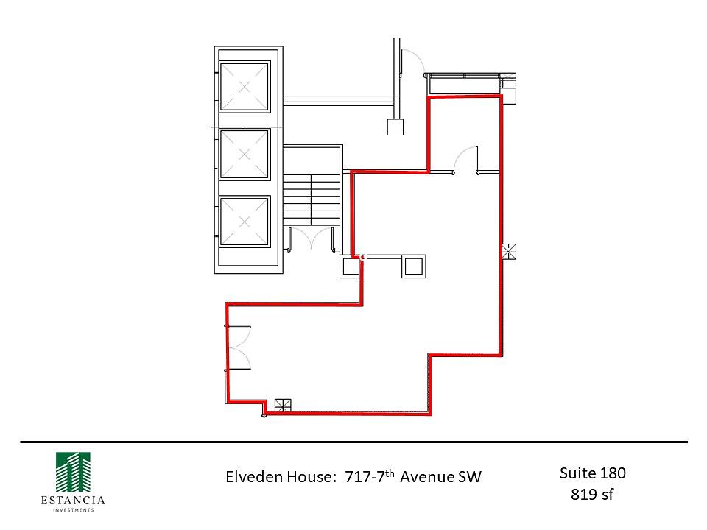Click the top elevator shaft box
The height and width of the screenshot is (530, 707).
pos(245,87)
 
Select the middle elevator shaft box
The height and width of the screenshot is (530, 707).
pos(245,155)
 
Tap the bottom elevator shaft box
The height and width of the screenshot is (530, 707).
pos(245,222)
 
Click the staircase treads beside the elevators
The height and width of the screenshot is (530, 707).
pos(311,199)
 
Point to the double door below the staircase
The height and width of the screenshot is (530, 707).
pos(311,239)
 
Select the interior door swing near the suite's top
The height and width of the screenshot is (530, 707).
pos(465,160)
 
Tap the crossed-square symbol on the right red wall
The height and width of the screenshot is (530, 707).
pos(510,252)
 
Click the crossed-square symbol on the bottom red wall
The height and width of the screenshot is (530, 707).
pos(283,406)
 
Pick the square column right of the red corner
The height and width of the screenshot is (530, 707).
pos(413,266)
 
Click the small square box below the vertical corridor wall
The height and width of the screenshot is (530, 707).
pos(395,127)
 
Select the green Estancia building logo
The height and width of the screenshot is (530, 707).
pos(73,472)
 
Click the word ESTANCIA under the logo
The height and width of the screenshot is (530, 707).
pos(73,501)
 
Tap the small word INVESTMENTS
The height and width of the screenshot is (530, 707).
pos(74,510)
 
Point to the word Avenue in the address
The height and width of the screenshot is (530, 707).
pos(427,477)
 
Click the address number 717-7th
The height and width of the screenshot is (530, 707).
pos(370,476)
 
